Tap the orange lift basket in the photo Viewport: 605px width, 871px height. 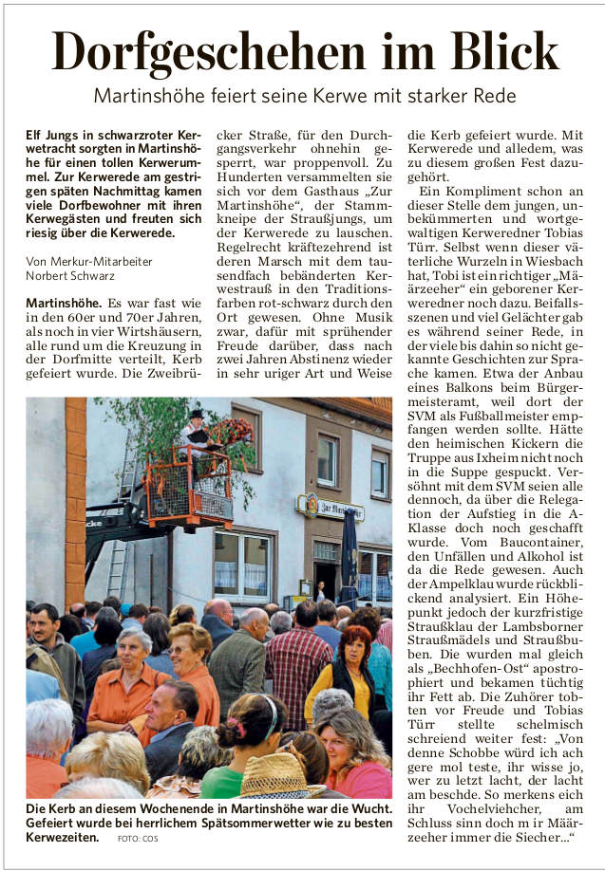(188, 488)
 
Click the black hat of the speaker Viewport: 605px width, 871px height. (197, 414)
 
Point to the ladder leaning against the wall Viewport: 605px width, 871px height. (122, 531)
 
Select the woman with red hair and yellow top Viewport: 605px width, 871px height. (353, 664)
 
